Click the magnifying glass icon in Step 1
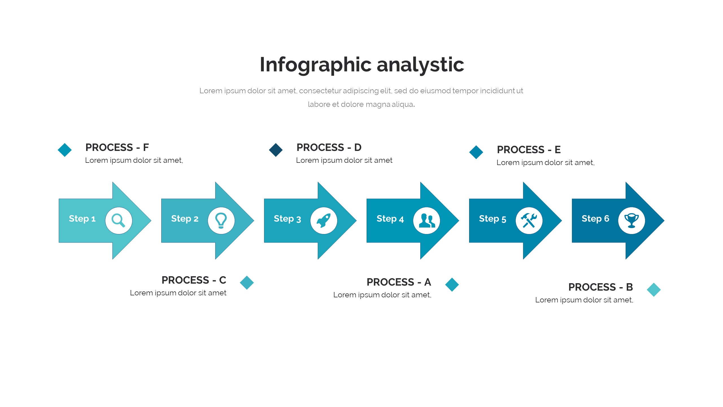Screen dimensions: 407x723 point(118,220)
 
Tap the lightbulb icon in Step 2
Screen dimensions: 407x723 point(221,220)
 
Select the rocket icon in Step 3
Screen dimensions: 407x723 point(324,220)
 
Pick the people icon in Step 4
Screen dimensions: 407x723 point(426,220)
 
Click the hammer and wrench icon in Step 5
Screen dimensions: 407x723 point(529,220)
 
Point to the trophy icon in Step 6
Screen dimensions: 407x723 point(631,220)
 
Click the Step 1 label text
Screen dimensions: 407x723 point(82,218)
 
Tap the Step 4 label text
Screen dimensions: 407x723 point(390,218)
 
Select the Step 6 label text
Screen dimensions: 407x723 point(595,218)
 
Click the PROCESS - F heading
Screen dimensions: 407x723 point(117,147)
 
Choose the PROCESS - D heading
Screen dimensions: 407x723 point(329,147)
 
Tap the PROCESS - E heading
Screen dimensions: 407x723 point(529,150)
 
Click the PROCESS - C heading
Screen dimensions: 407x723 point(194,280)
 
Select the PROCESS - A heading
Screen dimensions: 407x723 point(399,282)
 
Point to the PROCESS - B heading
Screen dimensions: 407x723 point(600,287)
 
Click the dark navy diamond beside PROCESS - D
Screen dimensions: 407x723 point(276,150)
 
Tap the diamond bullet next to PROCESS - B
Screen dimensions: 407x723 point(654,290)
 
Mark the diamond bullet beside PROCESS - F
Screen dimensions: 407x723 point(65,150)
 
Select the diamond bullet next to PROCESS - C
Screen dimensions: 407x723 point(247,283)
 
